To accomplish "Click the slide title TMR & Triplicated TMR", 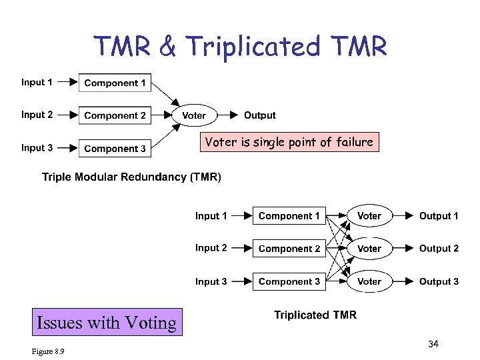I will [240, 47].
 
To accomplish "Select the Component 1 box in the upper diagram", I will [115, 83].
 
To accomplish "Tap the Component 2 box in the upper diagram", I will [115, 115].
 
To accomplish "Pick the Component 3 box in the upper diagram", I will [115, 148].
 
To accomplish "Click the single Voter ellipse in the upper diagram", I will [194, 115].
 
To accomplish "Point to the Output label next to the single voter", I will [259, 115].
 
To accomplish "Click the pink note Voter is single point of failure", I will [289, 142].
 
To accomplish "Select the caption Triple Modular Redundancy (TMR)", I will [131, 177].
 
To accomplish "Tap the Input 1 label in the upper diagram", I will [37, 83].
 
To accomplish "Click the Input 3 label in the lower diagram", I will [211, 281].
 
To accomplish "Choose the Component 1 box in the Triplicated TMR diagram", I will [289, 216].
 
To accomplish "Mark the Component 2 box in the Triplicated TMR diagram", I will [289, 249].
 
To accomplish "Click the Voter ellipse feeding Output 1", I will [369, 216].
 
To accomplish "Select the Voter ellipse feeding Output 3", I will [369, 281].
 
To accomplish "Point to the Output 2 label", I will [439, 249].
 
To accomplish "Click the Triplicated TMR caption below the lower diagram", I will [315, 315].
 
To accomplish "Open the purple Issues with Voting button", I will [107, 323].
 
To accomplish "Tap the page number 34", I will [433, 344].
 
